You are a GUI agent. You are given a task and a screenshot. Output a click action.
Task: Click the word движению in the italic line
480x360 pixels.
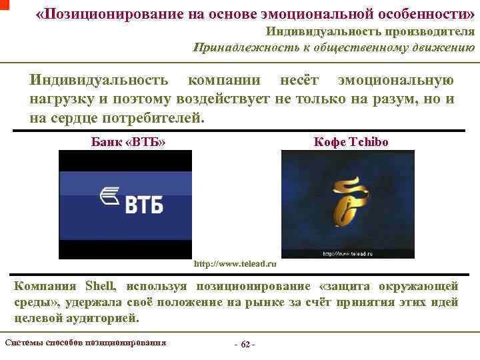[x=443, y=47]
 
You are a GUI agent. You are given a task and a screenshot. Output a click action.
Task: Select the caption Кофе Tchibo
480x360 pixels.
[x=351, y=142]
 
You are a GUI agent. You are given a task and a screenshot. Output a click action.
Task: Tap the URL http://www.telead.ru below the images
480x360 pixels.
[x=235, y=265]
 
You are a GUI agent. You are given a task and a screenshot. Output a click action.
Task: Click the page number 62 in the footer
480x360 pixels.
[x=245, y=344]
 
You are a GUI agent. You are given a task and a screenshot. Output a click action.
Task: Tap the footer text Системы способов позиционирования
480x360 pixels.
[x=85, y=343]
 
